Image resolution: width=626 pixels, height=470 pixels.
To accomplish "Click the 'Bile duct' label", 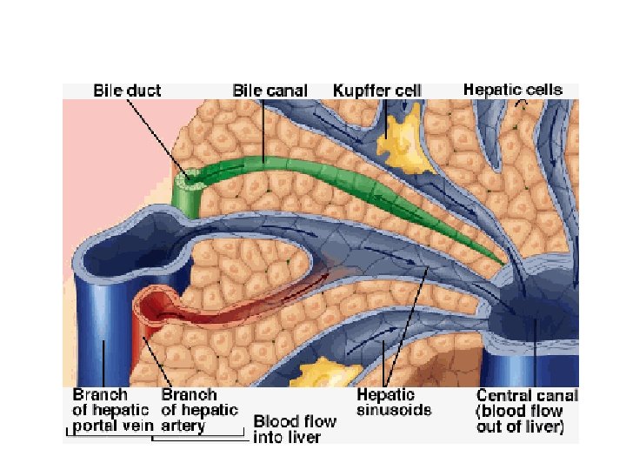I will [128, 90].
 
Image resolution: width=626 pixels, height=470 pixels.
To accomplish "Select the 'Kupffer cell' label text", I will [376, 90].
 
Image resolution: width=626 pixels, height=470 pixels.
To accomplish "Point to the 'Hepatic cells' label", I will [512, 89].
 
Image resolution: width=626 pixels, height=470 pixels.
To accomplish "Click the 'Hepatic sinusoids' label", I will [394, 401].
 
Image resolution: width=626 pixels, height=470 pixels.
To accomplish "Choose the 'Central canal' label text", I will [519, 410].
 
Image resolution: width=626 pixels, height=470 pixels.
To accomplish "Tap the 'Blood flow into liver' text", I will [294, 429].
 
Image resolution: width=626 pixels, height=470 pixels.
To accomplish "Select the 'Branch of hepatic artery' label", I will [199, 410].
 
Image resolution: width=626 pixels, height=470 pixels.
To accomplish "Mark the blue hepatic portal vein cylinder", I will [102, 322].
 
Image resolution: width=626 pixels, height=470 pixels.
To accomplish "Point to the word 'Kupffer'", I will [359, 90].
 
